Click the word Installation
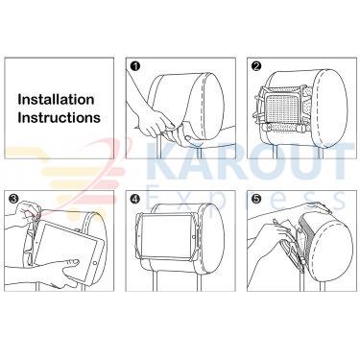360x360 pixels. pyautogui.click(x=56, y=99)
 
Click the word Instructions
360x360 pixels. pyautogui.click(x=60, y=117)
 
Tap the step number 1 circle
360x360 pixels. pyautogui.click(x=135, y=66)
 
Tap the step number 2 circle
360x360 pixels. pyautogui.click(x=256, y=66)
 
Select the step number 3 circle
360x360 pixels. pyautogui.click(x=13, y=199)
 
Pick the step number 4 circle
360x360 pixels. pyautogui.click(x=135, y=199)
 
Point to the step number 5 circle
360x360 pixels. pyautogui.click(x=256, y=199)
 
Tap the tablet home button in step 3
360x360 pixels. pyautogui.click(x=94, y=262)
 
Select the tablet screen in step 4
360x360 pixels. pyautogui.click(x=166, y=236)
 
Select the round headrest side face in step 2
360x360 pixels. pyautogui.click(x=329, y=108)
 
